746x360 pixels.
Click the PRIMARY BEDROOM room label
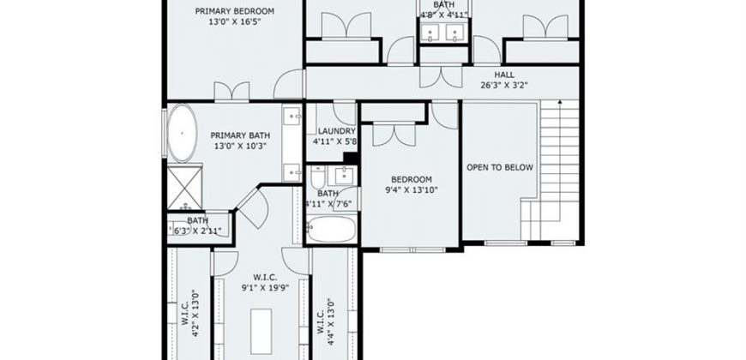click(x=235, y=11)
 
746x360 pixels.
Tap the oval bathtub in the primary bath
click(x=183, y=134)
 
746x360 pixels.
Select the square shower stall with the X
click(x=184, y=187)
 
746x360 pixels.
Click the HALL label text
click(x=504, y=75)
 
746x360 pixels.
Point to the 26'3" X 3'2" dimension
click(x=504, y=85)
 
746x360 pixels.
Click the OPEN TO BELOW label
click(x=500, y=167)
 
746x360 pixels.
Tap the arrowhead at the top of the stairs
click(x=560, y=101)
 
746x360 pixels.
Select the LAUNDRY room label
click(x=337, y=131)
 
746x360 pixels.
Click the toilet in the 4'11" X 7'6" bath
click(x=317, y=177)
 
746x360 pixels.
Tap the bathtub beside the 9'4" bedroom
click(x=331, y=229)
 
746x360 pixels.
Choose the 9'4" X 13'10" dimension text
click(x=412, y=190)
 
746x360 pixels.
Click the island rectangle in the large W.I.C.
click(x=262, y=324)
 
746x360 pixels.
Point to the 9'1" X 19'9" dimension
click(x=265, y=287)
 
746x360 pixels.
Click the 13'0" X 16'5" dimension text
click(x=235, y=21)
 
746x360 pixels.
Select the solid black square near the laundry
click(x=350, y=158)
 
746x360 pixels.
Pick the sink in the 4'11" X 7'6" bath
click(x=343, y=176)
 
